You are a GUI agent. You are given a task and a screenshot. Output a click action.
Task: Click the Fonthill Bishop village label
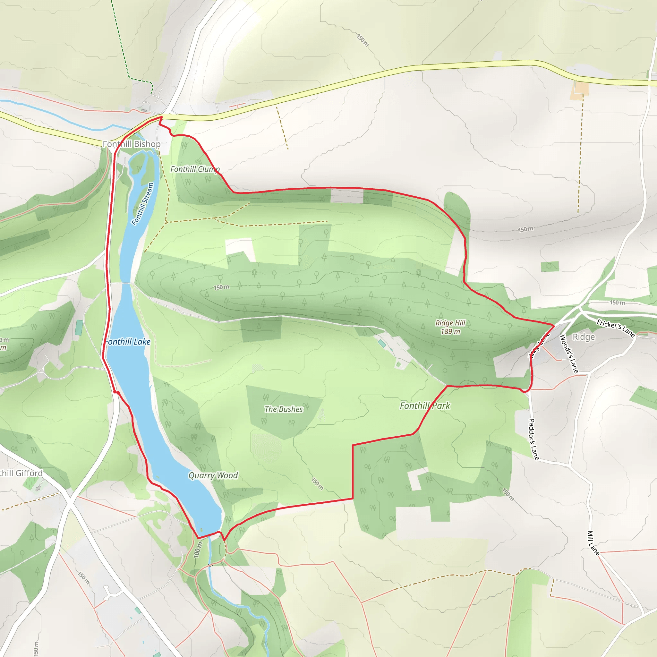(132, 144)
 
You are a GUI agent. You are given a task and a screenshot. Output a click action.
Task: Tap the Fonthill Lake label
(128, 342)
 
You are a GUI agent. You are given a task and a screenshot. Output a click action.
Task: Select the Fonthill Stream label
(143, 204)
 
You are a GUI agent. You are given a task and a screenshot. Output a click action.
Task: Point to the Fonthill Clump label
(195, 169)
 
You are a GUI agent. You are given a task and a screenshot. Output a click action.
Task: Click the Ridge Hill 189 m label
(450, 327)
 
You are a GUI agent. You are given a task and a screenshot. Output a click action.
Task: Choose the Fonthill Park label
(425, 406)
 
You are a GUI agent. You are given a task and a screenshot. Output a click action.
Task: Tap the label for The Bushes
(284, 409)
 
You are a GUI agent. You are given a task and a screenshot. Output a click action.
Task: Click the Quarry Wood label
(213, 475)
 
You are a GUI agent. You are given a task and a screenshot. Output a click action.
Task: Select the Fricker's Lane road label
(616, 328)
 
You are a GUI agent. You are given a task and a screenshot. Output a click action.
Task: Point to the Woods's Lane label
(569, 354)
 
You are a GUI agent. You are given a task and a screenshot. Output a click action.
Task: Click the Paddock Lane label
(534, 439)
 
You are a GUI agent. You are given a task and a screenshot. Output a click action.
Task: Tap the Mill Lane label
(593, 543)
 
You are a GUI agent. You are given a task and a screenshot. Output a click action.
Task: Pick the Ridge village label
(584, 337)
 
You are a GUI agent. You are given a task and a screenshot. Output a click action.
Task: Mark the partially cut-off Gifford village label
(21, 474)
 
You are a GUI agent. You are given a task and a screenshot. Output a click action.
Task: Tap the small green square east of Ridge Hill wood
(550, 266)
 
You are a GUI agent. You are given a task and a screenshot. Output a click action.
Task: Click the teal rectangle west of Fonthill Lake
(79, 328)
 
